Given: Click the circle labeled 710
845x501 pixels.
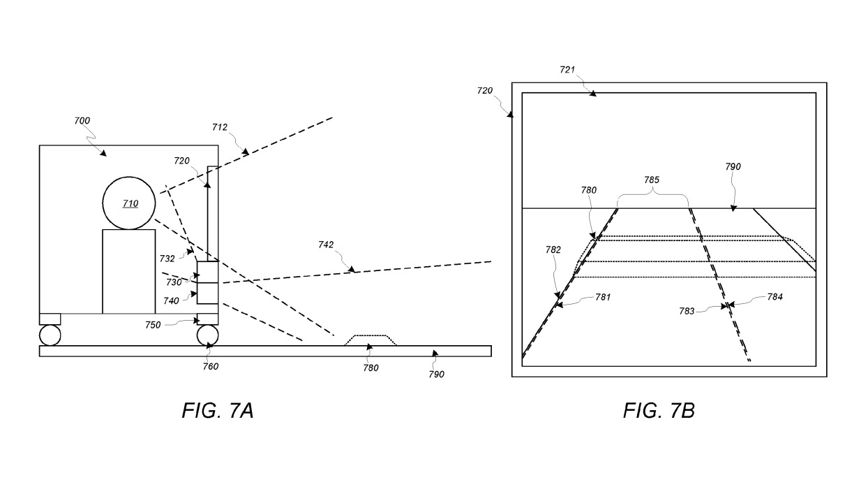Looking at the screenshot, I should [x=129, y=203].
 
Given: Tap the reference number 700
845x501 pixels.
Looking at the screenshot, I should [x=82, y=121].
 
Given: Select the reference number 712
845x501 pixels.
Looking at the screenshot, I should [x=220, y=127].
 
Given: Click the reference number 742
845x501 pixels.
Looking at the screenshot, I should [x=326, y=245].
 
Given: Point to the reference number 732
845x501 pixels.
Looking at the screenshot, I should [x=167, y=259].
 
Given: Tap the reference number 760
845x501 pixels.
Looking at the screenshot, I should [x=211, y=365].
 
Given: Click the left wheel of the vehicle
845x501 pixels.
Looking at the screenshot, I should [x=50, y=335].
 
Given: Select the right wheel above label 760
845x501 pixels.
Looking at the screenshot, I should [x=208, y=335].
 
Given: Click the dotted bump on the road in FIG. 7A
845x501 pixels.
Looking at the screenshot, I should [x=371, y=340].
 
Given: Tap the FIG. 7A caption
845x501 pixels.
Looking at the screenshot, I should [x=216, y=411].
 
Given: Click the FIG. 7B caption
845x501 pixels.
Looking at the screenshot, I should [x=658, y=411].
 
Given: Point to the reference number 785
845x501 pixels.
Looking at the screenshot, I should [x=651, y=179].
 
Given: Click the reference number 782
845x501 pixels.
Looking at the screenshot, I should [x=553, y=249].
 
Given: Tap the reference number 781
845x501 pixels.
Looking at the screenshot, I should [x=602, y=297].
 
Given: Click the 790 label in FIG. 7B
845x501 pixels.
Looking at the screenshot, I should [x=733, y=167].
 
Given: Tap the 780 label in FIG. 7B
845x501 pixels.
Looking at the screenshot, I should [x=588, y=189].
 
